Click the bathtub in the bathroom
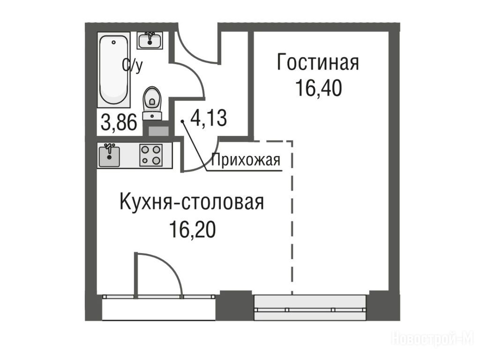(x=113, y=70)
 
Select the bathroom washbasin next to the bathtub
(x=150, y=40)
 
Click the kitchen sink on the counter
(x=109, y=156)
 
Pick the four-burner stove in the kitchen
(x=151, y=155)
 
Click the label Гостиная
(x=318, y=62)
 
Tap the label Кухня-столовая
(x=191, y=202)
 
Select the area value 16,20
(x=192, y=229)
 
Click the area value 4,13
(x=209, y=118)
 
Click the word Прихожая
(x=246, y=160)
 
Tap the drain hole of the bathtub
(x=114, y=42)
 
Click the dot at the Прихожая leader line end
(x=182, y=121)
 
